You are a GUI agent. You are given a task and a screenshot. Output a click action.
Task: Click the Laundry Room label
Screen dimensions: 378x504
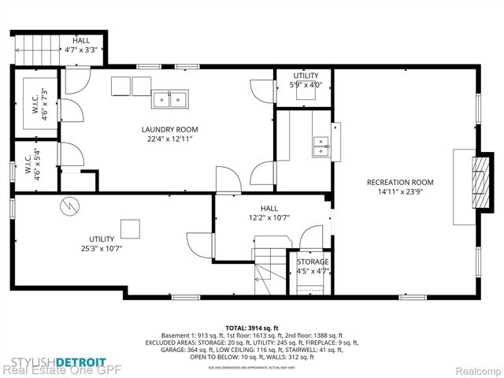169,129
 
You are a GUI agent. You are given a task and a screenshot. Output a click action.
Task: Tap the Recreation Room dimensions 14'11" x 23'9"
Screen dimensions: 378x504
399,191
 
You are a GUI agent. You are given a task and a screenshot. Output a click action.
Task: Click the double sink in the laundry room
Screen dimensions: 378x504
171,98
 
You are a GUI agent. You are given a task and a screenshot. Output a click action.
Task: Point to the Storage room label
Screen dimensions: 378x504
313,261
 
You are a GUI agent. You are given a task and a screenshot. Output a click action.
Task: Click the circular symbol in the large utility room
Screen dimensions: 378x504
69,206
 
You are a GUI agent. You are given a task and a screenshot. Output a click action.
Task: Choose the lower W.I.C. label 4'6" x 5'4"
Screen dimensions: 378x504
37,165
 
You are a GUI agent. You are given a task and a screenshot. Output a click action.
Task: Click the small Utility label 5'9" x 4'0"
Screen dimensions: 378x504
306,80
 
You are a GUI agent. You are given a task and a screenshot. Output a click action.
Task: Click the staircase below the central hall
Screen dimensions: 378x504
265,272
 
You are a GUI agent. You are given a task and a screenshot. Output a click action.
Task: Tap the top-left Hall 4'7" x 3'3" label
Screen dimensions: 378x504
81,45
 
